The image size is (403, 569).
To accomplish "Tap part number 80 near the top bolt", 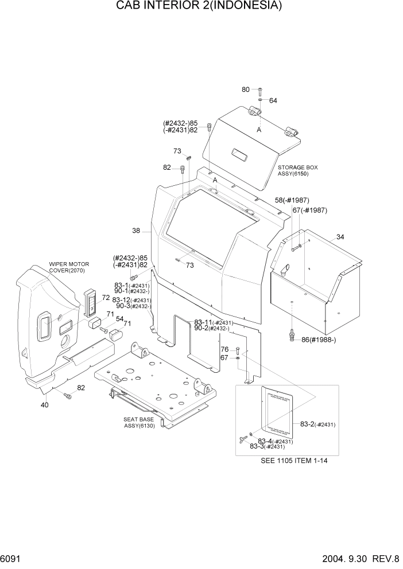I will pos(246,89).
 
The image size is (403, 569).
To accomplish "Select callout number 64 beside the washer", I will pos(273,100).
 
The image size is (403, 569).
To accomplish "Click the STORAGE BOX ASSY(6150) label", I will pos(298,170).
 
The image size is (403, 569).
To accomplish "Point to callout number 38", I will pos(136,231).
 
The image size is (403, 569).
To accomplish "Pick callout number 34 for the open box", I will pos(340,237).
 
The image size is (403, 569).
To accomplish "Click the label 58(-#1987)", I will pos(292,200).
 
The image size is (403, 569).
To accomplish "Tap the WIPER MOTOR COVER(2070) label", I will pos(69,267).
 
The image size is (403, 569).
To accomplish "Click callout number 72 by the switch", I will pos(106,298).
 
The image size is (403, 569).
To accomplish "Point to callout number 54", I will pos(120,319).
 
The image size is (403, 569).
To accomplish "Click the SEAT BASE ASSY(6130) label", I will pos(138,422).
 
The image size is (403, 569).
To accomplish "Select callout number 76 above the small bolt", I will pos(224,349).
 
